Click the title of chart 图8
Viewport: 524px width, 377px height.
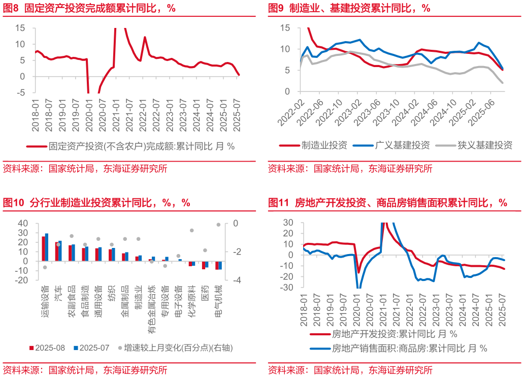[89, 9]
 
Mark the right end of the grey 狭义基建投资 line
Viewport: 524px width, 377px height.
[502, 83]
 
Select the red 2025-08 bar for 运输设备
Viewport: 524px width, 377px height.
[44, 248]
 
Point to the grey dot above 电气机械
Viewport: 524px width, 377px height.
[219, 225]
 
